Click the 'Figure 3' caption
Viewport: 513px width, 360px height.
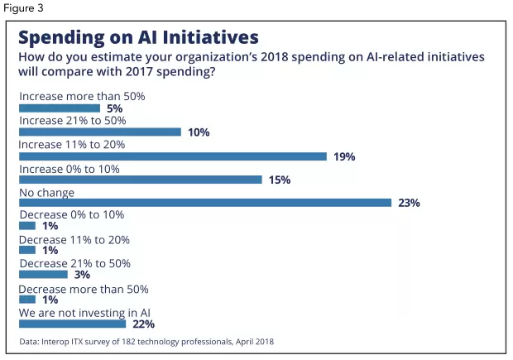click(23, 7)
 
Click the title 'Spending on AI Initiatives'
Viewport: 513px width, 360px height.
click(138, 37)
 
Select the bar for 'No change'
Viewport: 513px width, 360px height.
click(204, 203)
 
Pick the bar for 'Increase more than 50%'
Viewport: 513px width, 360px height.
click(60, 108)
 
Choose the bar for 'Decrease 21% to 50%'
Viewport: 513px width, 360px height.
click(43, 275)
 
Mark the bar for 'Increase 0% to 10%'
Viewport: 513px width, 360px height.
click(140, 180)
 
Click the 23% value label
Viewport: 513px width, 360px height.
click(409, 204)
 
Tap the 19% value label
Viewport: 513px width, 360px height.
click(344, 156)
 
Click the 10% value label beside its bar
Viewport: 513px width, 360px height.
click(199, 132)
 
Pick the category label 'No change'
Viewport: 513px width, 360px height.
click(46, 192)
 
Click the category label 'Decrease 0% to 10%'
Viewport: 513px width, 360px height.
click(71, 216)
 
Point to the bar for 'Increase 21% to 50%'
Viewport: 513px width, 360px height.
click(99, 132)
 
